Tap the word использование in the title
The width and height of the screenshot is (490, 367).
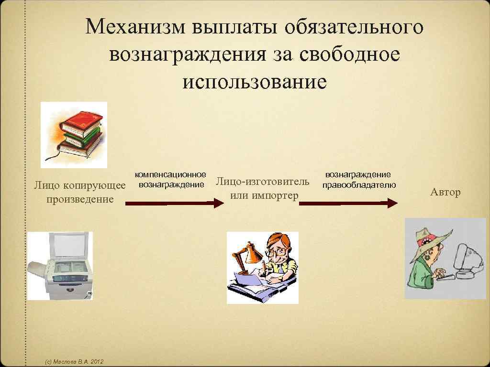254,81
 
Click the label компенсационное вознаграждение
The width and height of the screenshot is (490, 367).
171,180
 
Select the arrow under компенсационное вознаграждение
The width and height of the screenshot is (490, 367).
174,203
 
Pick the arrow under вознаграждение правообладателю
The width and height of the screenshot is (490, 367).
348,203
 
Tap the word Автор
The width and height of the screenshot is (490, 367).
445,193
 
